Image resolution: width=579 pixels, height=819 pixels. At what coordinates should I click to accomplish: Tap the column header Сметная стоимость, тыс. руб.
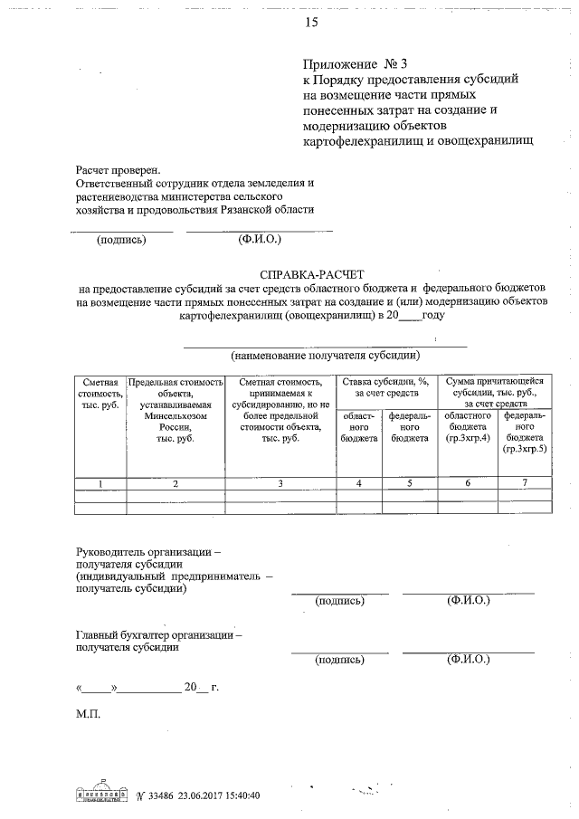[x=100, y=394]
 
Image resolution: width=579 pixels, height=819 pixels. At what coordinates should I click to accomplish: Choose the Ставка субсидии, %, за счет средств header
[x=384, y=388]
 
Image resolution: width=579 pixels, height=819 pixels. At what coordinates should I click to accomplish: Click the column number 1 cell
[x=100, y=483]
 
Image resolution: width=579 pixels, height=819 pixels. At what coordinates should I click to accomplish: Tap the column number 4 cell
[x=359, y=483]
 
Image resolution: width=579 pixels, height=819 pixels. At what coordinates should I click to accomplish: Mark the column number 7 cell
[x=526, y=483]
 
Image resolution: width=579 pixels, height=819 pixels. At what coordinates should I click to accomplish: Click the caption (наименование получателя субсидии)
[x=325, y=355]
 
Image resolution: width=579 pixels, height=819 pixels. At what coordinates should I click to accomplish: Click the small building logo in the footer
[x=101, y=792]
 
